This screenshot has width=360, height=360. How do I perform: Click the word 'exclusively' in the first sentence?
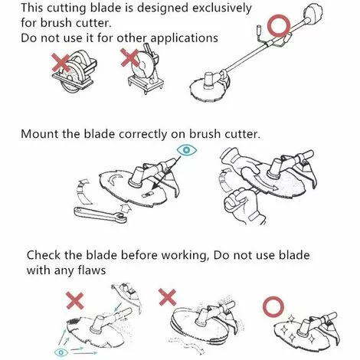[x=221, y=8]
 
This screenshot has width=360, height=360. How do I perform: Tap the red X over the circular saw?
[x=61, y=63]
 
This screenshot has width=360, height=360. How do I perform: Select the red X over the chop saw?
[x=129, y=57]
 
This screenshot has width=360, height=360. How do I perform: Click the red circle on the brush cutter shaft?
[x=279, y=25]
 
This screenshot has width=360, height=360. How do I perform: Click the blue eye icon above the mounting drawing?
[x=187, y=150]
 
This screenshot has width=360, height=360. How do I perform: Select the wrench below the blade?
[x=100, y=215]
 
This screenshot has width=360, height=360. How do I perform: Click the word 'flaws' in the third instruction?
[x=91, y=270]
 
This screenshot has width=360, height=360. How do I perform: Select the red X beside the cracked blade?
[x=75, y=301]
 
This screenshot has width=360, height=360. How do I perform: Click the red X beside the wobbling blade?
[x=167, y=297]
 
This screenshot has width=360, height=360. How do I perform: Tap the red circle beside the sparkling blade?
[x=273, y=307]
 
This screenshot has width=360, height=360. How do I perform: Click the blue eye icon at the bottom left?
[x=61, y=352]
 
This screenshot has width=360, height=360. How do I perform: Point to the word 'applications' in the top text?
[x=184, y=38]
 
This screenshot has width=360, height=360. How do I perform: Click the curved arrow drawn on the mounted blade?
[x=114, y=178]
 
